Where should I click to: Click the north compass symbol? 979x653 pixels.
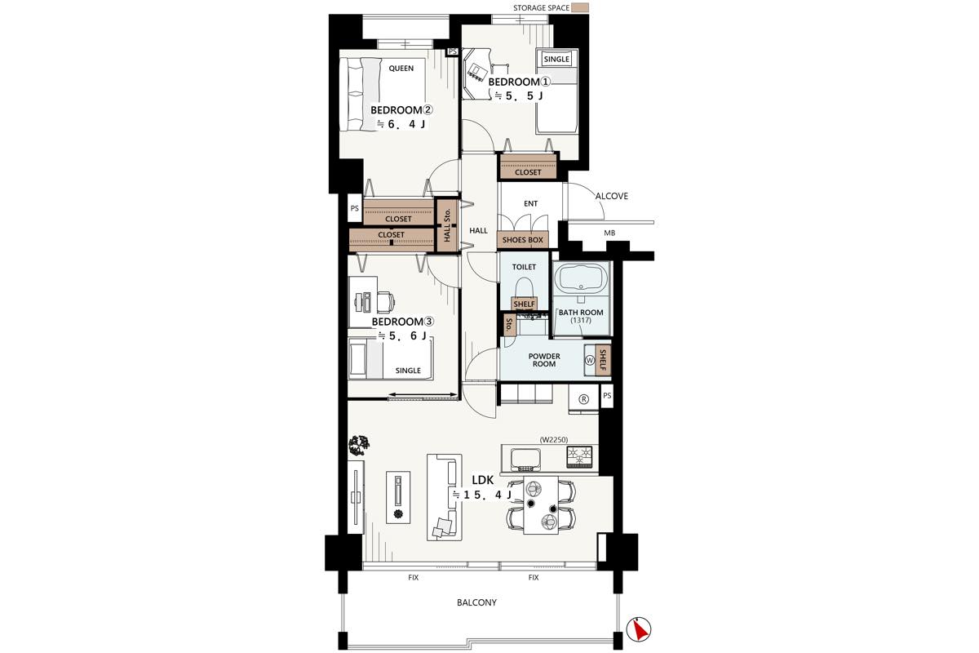(639, 629)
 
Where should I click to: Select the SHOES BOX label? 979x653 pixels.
(522, 240)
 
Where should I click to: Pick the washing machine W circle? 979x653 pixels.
(590, 360)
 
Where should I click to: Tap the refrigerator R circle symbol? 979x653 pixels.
(583, 399)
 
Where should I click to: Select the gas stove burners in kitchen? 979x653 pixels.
(579, 456)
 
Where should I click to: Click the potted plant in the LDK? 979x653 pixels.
(359, 445)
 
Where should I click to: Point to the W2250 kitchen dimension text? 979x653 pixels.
(554, 440)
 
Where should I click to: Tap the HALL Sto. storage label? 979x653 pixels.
(447, 225)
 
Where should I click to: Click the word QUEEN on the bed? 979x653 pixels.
(401, 69)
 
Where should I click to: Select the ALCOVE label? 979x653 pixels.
(611, 196)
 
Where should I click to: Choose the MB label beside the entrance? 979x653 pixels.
(609, 233)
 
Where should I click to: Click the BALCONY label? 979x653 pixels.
(476, 602)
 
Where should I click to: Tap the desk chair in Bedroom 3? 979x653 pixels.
(385, 302)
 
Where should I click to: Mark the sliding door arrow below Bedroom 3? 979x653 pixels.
(423, 394)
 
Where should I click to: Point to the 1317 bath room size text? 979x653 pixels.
(581, 320)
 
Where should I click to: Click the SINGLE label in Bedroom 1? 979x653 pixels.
(556, 59)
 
